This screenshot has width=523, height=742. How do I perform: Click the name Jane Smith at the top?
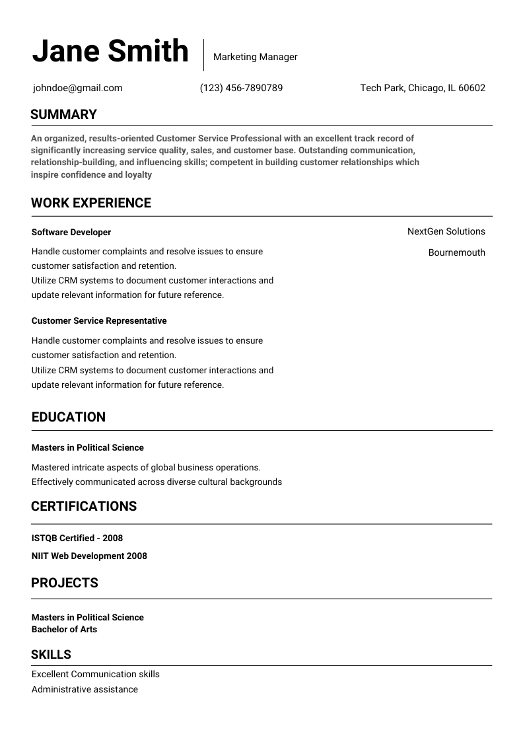(110, 52)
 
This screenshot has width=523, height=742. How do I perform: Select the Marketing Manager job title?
(255, 57)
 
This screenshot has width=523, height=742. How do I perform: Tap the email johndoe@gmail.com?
(78, 88)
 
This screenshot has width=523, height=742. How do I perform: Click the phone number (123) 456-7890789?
(241, 88)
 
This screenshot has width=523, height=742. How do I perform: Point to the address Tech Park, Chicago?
(423, 88)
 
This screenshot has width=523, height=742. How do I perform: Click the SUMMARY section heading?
(63, 114)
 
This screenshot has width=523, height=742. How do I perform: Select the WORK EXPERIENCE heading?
(91, 203)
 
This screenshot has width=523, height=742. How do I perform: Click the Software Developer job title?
(71, 233)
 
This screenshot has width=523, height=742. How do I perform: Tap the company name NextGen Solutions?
(446, 231)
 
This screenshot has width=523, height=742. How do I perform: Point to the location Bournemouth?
(456, 252)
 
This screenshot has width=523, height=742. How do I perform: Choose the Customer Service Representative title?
(99, 321)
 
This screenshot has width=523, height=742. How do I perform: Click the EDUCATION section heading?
(69, 417)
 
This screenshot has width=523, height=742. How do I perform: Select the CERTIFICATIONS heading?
(84, 506)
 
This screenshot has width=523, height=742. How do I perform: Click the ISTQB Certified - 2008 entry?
(77, 538)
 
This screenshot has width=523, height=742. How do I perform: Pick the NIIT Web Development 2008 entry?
(89, 556)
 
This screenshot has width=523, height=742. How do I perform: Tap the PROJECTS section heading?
(65, 583)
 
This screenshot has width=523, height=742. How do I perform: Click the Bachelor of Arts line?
(64, 630)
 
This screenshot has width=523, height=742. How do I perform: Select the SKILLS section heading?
(51, 655)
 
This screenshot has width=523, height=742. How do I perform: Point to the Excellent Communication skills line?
(96, 675)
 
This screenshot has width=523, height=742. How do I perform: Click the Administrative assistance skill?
(85, 690)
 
